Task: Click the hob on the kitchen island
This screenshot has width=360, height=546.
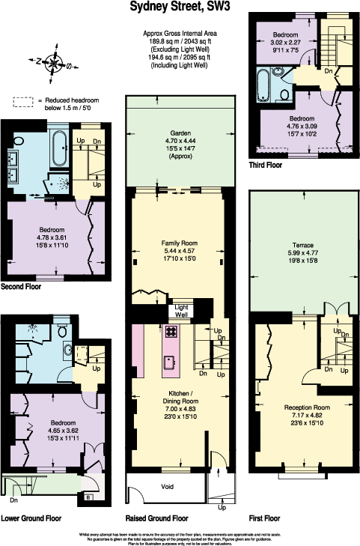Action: coord(171,332)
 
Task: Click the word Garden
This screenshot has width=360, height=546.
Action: coord(180,133)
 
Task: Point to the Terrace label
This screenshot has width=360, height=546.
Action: coord(302,245)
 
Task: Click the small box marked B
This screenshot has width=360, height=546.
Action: coord(89,496)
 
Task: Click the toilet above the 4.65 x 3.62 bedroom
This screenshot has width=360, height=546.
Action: coord(61,331)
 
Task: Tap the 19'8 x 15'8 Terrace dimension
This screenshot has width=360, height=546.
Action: coord(302,261)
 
